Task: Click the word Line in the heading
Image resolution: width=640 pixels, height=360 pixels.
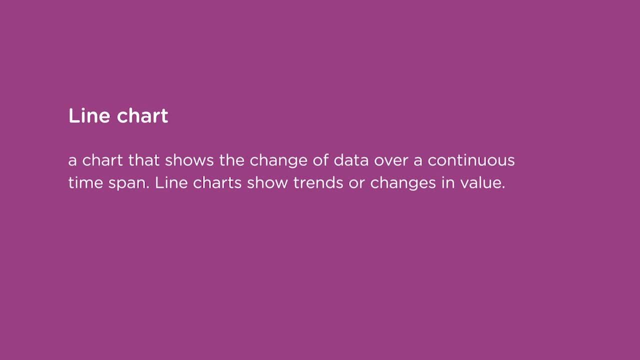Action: (88, 115)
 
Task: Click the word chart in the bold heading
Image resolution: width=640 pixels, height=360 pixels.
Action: (142, 115)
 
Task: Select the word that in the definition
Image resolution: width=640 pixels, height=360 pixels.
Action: (144, 160)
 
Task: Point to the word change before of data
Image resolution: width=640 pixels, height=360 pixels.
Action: (279, 161)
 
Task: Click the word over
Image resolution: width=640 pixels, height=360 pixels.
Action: (391, 160)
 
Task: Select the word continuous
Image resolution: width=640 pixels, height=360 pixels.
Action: (471, 160)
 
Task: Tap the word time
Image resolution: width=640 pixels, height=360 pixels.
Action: (86, 182)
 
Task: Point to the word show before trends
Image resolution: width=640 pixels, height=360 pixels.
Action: (267, 182)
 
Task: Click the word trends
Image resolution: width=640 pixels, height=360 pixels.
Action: (318, 182)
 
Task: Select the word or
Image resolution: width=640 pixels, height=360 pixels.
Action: (356, 183)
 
